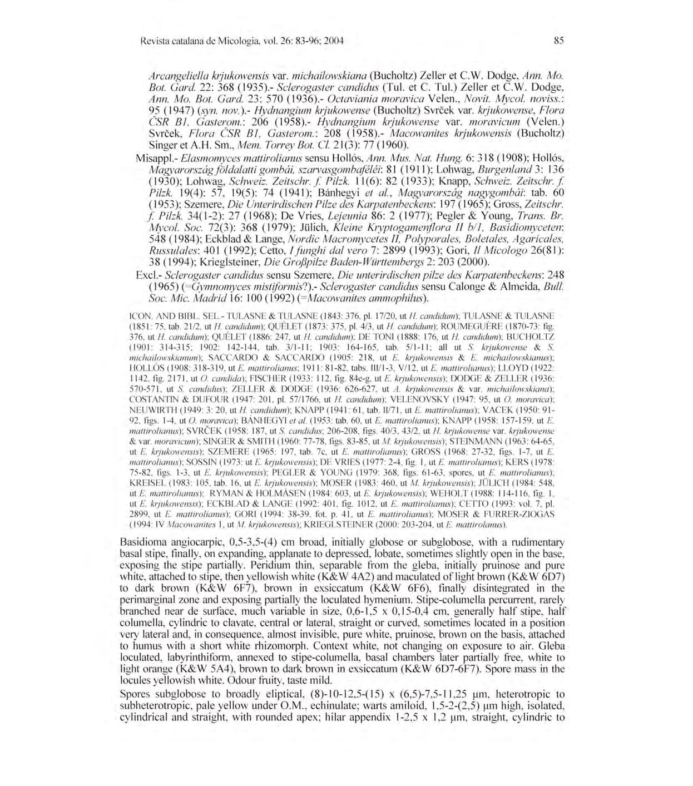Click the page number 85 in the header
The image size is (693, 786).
click(x=559, y=40)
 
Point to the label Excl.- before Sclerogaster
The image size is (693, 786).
click(x=149, y=275)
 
